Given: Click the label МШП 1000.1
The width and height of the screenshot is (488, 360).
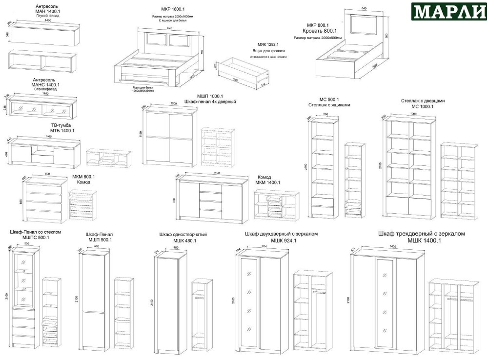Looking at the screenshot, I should [210, 96].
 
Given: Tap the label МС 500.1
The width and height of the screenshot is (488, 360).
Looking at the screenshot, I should [323, 99].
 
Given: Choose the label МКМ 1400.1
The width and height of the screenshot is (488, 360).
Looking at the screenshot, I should [268, 183].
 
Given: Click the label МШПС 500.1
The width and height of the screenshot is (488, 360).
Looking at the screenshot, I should [36, 238].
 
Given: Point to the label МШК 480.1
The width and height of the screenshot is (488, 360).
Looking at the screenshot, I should [184, 240].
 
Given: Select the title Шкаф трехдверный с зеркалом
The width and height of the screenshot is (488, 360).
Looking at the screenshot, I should [422, 234].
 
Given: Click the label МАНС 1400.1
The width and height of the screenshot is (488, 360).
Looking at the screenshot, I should [45, 84].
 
